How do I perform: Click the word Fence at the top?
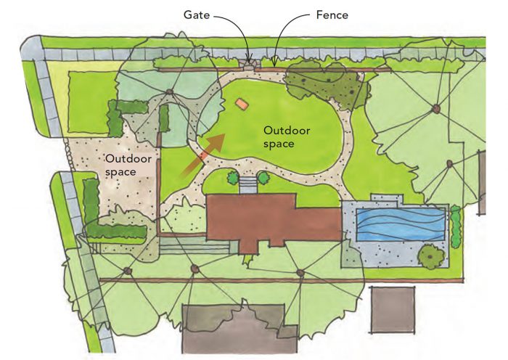pos(332,14)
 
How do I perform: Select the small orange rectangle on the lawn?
pos(242,105)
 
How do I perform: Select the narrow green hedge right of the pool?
pos(456,226)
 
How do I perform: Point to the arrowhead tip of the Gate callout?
pos(250,60)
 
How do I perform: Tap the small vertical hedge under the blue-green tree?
pos(165,118)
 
